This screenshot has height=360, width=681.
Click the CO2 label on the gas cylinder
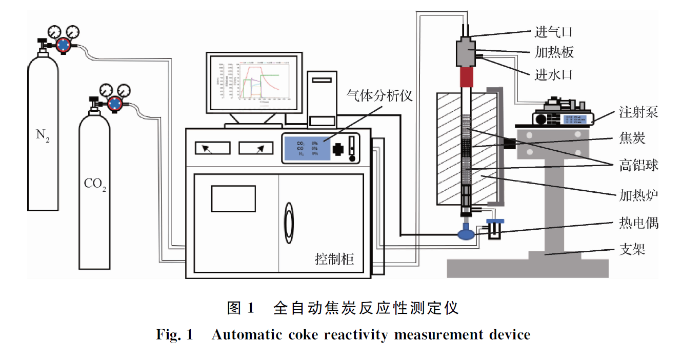[x=95, y=184]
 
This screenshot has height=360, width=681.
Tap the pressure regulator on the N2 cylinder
[x=63, y=45]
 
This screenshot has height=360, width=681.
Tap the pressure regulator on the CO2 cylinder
[x=115, y=103]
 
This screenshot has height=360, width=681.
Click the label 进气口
[x=553, y=32]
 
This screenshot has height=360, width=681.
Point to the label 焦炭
[x=631, y=139]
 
